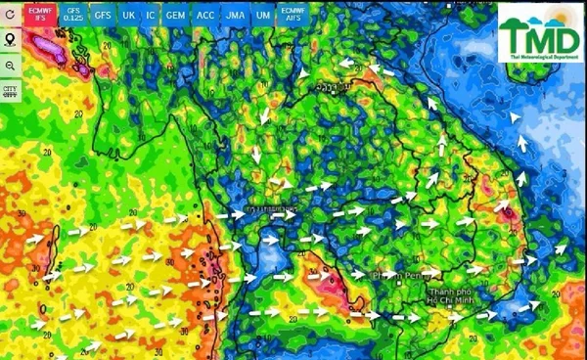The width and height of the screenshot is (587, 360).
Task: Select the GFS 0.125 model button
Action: coord(73,14)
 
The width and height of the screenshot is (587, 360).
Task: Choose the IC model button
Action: coord(151,15)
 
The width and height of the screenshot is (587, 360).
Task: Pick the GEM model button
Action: coord(175,15)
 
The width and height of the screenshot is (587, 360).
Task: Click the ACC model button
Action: coord(205,15)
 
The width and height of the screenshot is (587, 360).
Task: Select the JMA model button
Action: coord(235,15)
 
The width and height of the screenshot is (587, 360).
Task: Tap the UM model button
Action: coord(262,15)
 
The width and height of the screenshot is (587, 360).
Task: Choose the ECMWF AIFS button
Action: coord(292,14)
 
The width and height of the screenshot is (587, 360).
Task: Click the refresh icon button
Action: coord(11,15)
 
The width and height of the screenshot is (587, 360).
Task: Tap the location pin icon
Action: coord(11,40)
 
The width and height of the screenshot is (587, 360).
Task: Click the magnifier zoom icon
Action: coord(11,66)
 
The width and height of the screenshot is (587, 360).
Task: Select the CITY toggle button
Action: coord(11,91)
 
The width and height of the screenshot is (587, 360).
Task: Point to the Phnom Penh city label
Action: coord(395,277)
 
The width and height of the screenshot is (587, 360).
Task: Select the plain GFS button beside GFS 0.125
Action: coord(103,15)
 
